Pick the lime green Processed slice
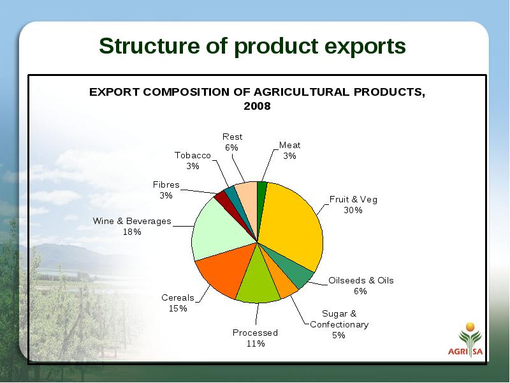[x=258, y=280]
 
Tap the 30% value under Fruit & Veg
[x=353, y=210]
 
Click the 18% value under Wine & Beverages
[x=132, y=232]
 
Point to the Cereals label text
[x=178, y=297]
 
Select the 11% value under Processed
[x=256, y=343]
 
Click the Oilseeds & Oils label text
[x=361, y=280]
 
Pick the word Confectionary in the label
[x=339, y=325]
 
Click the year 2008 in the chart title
[x=257, y=106]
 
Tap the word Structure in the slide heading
[x=149, y=45]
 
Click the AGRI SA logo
[x=465, y=340]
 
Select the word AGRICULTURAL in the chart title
[x=301, y=92]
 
